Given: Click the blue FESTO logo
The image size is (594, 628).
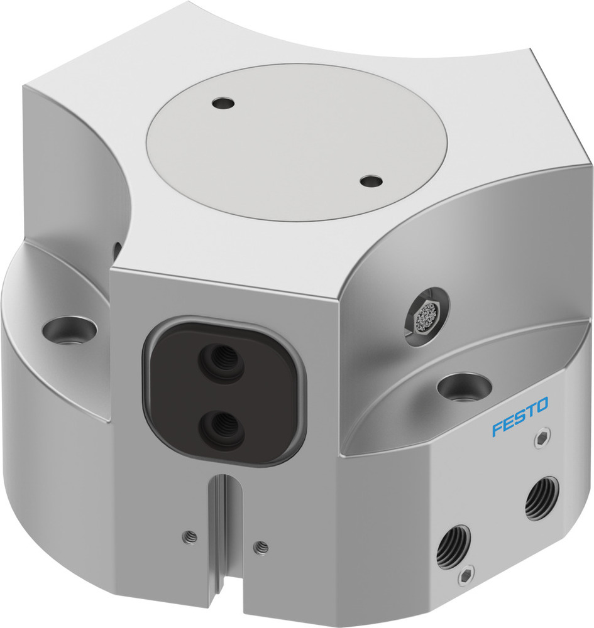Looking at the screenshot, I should coord(520,416).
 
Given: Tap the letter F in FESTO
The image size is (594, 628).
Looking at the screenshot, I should coord(497,430).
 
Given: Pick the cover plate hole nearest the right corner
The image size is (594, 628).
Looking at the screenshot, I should coord(370,181).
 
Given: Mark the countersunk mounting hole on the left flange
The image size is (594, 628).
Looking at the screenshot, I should coord(69,329).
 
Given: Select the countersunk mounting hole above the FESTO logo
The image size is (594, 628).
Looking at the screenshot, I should coord(464,386).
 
